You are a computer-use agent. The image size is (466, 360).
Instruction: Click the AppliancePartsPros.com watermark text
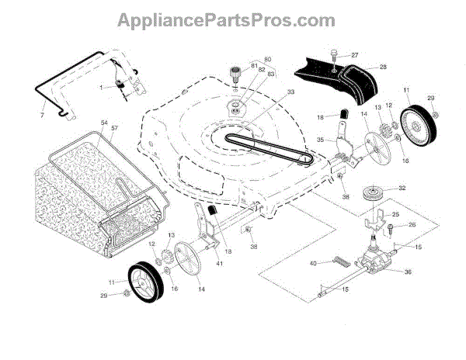[x=232, y=17]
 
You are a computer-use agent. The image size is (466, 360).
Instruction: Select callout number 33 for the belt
[x=269, y=92]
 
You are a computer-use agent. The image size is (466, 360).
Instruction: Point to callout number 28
[x=383, y=67]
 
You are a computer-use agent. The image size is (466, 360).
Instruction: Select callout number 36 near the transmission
[x=409, y=271]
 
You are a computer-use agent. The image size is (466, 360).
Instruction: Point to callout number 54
[x=103, y=124]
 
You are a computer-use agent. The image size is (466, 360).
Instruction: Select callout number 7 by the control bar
[x=42, y=116]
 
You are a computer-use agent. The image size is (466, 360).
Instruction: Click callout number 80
[x=269, y=60]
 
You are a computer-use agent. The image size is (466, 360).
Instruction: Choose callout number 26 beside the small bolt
[x=412, y=226]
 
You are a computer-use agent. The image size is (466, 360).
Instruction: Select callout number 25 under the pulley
[x=395, y=214]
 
